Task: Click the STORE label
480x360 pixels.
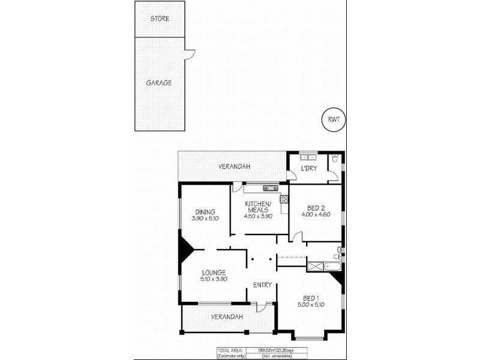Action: (160, 19)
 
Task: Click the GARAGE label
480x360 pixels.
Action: (159, 83)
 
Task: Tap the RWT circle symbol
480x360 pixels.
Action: (334, 119)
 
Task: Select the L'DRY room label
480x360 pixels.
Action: (308, 168)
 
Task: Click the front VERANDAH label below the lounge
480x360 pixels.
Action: (226, 316)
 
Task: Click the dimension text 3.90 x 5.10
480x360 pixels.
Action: (205, 218)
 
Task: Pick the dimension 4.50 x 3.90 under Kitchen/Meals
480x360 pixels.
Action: (259, 216)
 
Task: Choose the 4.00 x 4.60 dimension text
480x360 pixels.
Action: (316, 214)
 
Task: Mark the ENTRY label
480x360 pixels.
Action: (262, 284)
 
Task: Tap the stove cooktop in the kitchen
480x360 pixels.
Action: (284, 199)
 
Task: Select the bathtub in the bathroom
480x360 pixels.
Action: (325, 265)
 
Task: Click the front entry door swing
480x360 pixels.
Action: (261, 307)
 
